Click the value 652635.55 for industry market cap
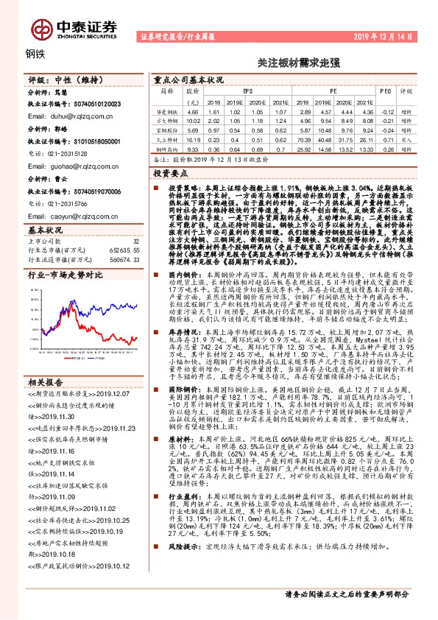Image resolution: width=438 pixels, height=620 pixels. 120,251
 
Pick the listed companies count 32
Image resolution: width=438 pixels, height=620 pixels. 135,241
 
